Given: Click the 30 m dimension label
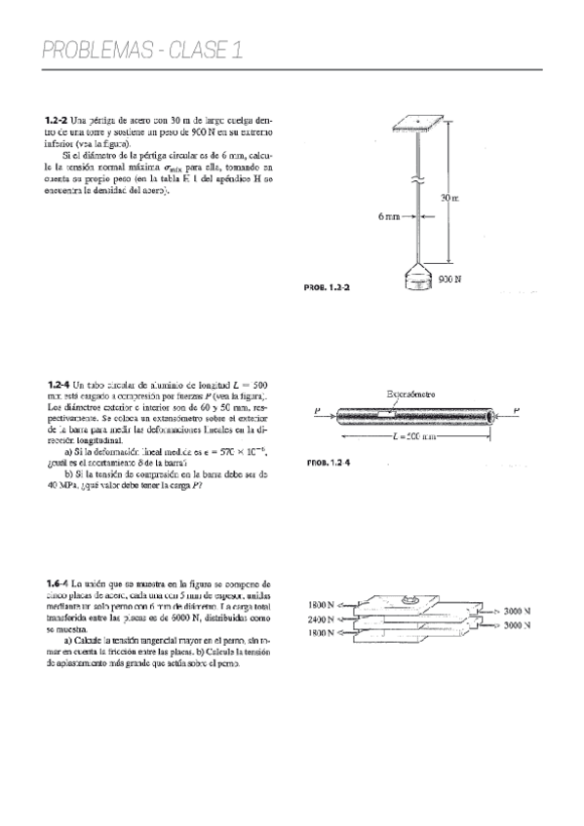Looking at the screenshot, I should coord(449,199).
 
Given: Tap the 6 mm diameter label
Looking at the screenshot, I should coord(389,216).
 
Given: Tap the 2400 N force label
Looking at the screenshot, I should coord(320,619).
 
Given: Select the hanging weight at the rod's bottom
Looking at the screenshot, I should coord(418,280).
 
